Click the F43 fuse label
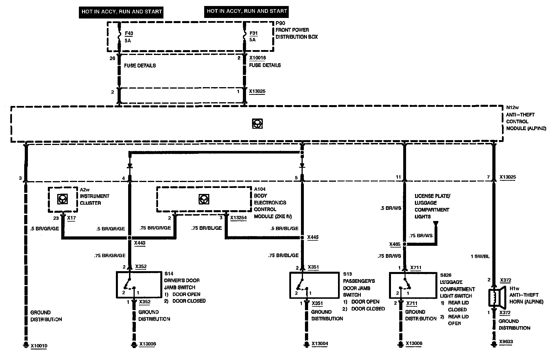pos(129,33)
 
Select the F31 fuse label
pos(253,33)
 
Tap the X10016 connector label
pos(257,58)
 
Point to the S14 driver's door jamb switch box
pos(139,285)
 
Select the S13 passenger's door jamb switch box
pos(312,285)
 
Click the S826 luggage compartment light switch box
pos(413,285)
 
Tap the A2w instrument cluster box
pos(63,199)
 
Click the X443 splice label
pos(140,243)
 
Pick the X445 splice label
pos(313,237)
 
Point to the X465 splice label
pos(395,244)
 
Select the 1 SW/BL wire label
pos(480,256)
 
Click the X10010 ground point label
pos(39,346)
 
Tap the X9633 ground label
pos(506,342)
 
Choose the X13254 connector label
pos(238,218)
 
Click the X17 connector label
pos(71,218)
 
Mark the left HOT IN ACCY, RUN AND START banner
pos(122,12)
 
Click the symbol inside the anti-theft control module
pos(257,124)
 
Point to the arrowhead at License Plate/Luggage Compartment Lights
pos(435,224)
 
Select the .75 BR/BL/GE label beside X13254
pos(206,228)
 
